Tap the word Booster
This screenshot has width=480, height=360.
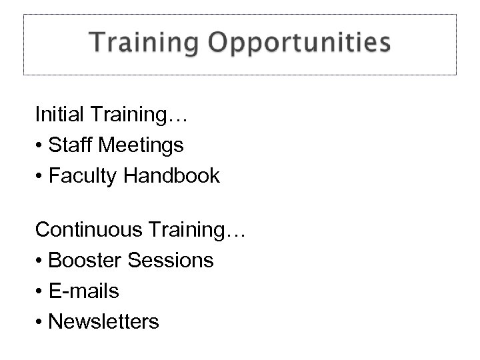(86, 260)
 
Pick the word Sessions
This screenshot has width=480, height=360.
(173, 260)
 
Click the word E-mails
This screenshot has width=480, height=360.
(84, 291)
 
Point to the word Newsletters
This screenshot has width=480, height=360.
(104, 322)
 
